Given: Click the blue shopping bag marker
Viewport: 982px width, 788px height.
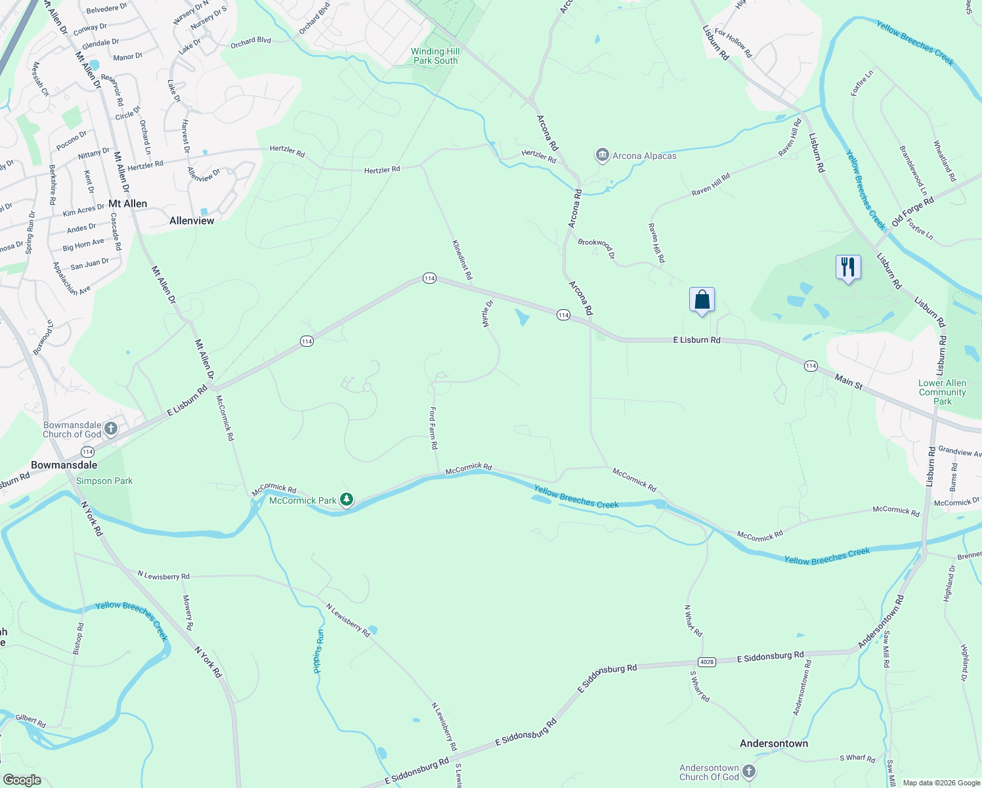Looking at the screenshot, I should (702, 301).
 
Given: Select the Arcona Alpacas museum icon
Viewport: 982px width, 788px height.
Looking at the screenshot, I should (602, 156).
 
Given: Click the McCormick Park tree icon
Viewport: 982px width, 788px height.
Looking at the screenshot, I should (346, 500).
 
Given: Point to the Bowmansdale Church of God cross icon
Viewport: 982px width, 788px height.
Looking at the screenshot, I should (110, 429).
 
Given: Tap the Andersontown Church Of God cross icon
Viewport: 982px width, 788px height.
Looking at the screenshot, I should (749, 772).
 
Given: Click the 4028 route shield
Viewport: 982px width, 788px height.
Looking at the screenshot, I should (706, 661).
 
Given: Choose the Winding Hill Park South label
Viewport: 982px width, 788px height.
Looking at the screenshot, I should (435, 56).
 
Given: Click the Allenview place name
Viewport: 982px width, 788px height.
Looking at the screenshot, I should (192, 221).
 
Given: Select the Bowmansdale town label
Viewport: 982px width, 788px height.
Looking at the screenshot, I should (64, 465).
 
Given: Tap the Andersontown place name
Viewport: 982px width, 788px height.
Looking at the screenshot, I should (774, 743).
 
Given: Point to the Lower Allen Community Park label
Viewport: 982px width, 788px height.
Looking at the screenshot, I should (942, 392).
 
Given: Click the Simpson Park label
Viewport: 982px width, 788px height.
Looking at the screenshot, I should (104, 481).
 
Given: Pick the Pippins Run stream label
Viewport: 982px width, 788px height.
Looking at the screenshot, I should (318, 651).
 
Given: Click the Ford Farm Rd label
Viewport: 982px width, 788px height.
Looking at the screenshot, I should (433, 427).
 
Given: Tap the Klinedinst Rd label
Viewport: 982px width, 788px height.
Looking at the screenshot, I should (462, 260).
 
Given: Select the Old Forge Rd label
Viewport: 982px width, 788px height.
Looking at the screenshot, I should (912, 212).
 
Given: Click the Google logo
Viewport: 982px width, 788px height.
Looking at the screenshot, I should (22, 780).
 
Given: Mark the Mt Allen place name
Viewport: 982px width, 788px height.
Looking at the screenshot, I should (127, 204).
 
